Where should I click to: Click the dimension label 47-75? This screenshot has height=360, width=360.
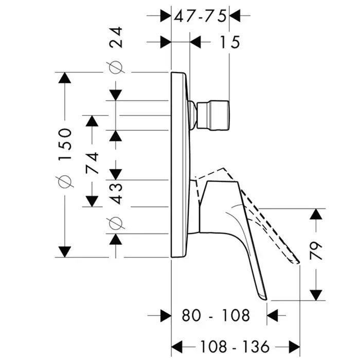pos(200,16)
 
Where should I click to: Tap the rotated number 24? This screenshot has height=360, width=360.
pos(118,38)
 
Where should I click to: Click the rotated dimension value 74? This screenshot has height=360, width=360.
pos(93,160)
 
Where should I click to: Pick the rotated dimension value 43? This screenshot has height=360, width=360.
pos(117,193)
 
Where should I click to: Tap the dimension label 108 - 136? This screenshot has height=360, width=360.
pos(236,345)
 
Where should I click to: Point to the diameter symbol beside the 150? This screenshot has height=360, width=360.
pos(65,181)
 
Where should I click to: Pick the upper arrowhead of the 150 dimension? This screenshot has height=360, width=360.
pos(64,79)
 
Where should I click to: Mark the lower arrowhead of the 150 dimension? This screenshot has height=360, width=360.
pos(64,251)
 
